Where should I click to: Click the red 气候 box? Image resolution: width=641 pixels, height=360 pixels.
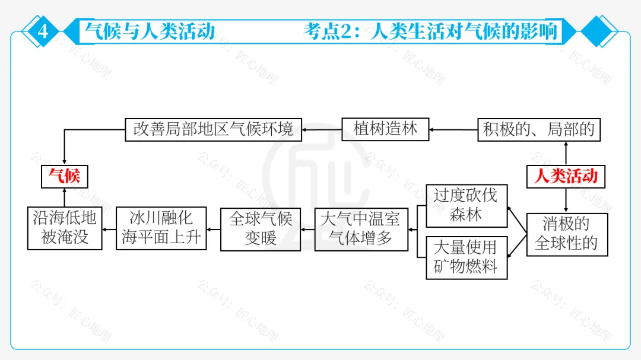[x=64, y=176]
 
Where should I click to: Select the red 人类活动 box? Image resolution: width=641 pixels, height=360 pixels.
[x=566, y=176]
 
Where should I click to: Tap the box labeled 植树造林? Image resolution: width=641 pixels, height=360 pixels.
[x=385, y=129]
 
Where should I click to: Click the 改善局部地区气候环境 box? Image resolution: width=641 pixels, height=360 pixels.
[x=213, y=129]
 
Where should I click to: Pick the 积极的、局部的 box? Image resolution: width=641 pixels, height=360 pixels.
[x=539, y=129]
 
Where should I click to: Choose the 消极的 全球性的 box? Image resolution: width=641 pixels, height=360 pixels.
[x=566, y=234]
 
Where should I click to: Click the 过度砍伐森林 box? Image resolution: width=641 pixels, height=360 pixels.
[x=466, y=205]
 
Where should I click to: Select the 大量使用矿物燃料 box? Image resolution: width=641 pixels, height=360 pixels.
[x=466, y=257]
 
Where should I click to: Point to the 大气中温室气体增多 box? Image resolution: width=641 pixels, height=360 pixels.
[x=361, y=229]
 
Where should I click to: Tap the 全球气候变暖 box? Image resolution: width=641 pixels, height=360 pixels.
[x=261, y=229]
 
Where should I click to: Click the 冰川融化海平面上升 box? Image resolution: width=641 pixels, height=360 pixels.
[x=161, y=228]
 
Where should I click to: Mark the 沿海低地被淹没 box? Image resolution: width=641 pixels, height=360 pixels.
[x=64, y=228]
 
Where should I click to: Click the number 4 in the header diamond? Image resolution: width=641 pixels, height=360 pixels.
[x=43, y=31]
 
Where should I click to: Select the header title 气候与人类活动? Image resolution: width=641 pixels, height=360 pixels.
[x=150, y=31]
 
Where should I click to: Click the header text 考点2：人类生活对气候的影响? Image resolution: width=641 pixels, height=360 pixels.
[x=431, y=31]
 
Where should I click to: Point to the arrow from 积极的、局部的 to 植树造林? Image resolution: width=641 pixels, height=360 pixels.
[x=453, y=129]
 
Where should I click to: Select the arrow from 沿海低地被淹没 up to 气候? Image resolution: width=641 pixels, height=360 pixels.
[x=64, y=197]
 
